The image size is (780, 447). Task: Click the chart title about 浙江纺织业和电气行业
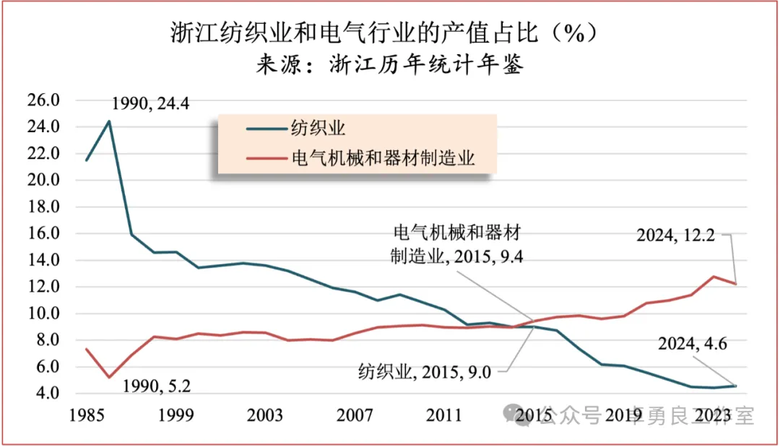(386, 32)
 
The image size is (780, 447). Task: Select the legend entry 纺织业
(318, 129)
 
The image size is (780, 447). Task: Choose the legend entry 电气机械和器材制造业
(383, 157)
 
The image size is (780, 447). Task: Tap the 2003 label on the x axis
(265, 416)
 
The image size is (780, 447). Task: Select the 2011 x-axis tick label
(443, 416)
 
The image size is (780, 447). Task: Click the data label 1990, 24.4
(150, 103)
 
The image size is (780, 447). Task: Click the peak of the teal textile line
(109, 121)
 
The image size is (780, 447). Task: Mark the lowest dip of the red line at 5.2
(109, 377)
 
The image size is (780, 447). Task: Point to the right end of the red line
(736, 284)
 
